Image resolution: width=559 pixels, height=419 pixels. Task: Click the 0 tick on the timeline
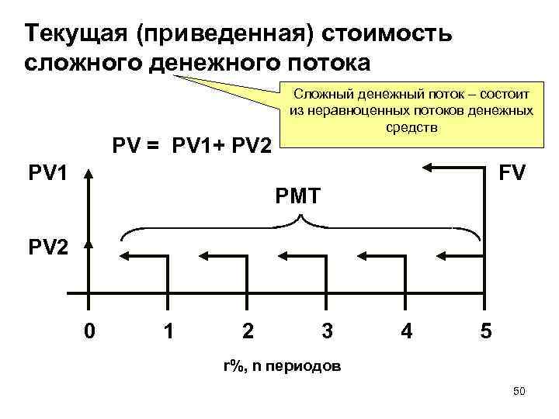(x=90, y=331)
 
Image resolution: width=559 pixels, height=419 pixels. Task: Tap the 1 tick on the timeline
(x=168, y=331)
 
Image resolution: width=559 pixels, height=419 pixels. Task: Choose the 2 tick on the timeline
(x=247, y=331)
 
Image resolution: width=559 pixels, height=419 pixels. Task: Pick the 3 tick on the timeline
(x=327, y=331)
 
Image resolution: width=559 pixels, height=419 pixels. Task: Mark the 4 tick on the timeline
(x=405, y=331)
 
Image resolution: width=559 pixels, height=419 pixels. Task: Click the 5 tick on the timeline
(x=484, y=331)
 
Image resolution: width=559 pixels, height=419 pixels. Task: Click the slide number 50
(x=519, y=392)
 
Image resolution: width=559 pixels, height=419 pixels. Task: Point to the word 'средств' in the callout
(x=411, y=127)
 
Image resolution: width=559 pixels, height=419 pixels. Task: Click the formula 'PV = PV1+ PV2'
(x=192, y=146)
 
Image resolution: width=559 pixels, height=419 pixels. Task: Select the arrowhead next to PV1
(x=90, y=171)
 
